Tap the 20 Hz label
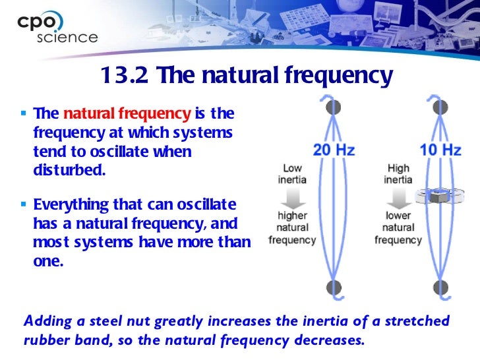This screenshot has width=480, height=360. point(334,150)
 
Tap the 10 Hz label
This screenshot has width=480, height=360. point(440,150)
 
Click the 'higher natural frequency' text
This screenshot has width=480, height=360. point(292,227)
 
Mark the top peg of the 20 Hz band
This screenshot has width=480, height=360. point(334,106)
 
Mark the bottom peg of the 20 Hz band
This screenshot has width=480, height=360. point(334,287)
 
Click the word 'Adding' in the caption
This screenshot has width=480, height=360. point(45,322)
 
